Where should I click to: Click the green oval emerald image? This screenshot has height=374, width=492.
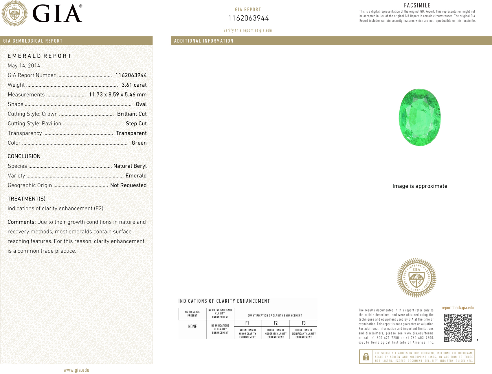(x=420, y=117)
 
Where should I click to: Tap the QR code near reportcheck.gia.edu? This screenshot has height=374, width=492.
(x=458, y=328)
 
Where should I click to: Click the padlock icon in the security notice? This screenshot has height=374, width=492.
(x=366, y=357)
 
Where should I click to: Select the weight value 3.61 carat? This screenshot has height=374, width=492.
(x=134, y=85)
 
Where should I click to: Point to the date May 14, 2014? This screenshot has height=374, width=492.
(x=24, y=66)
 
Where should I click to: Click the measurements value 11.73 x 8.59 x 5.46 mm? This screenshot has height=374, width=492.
(x=118, y=95)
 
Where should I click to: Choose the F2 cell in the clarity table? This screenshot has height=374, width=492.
(x=276, y=323)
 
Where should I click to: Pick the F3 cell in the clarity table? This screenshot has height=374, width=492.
(x=304, y=323)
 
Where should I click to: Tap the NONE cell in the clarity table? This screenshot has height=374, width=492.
(x=192, y=327)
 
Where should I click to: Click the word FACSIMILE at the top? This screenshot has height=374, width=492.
(x=417, y=5)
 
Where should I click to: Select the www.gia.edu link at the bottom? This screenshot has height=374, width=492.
(x=76, y=370)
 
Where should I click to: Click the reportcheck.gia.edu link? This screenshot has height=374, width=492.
(x=458, y=308)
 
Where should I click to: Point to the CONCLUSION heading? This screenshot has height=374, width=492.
(x=24, y=156)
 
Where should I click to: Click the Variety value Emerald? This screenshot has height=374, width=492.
(x=136, y=176)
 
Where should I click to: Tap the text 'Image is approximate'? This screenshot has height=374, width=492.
(x=420, y=186)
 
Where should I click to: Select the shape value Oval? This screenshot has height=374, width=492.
(x=141, y=104)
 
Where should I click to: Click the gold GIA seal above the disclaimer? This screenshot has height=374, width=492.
(x=416, y=278)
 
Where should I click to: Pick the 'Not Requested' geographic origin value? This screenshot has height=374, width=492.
(x=128, y=185)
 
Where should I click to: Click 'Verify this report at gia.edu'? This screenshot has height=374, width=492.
(x=247, y=30)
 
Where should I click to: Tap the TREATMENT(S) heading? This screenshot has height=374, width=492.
(x=26, y=199)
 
